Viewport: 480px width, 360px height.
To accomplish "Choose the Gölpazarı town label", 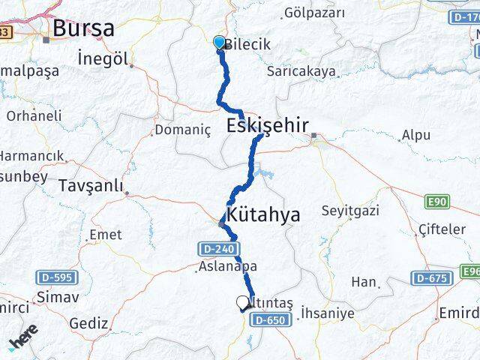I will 314,13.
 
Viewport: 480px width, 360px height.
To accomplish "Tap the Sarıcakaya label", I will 301,72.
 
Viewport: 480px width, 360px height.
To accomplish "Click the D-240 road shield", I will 218,248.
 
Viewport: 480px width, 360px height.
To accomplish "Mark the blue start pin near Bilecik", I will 219,43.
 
